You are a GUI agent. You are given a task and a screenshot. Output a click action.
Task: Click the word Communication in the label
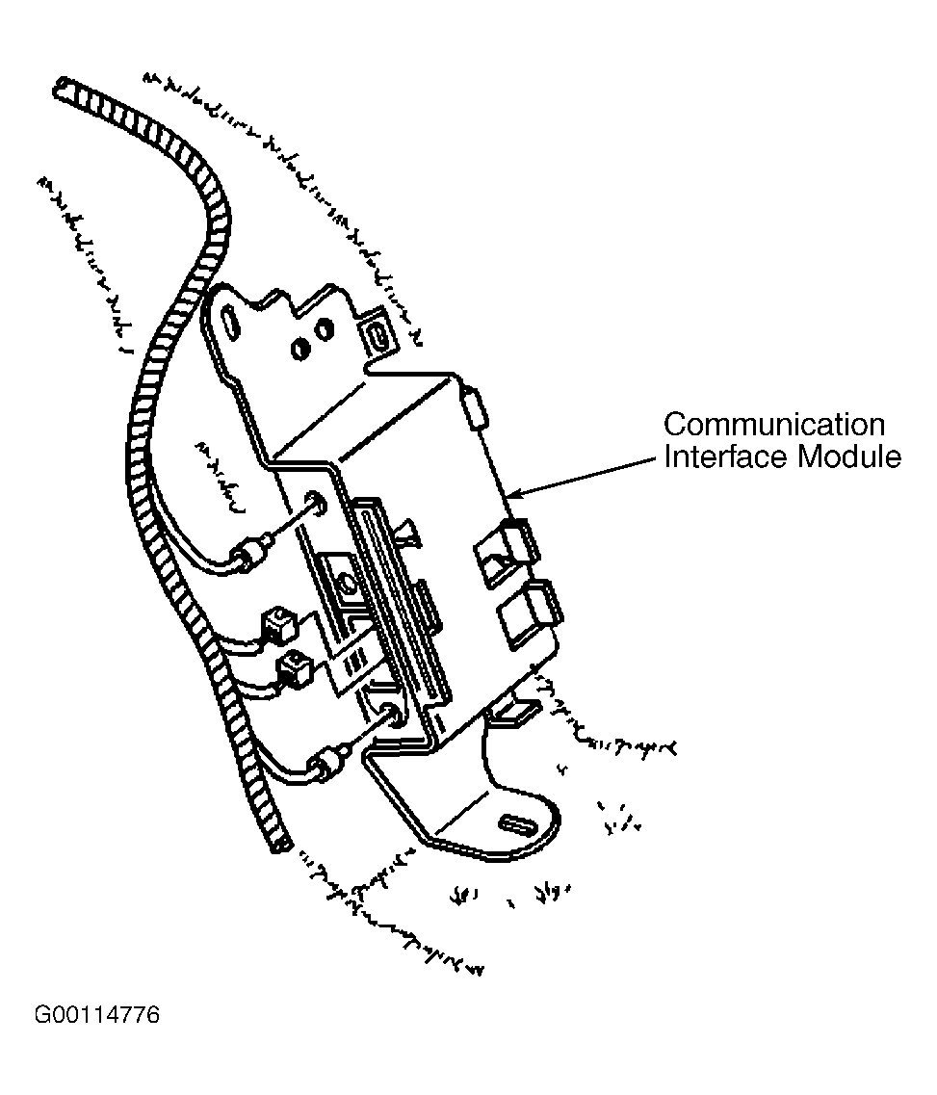click(773, 425)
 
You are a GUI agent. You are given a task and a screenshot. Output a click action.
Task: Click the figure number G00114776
click(97, 1016)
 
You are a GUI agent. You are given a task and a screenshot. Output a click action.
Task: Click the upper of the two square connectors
click(277, 623)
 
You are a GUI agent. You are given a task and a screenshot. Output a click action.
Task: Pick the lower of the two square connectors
click(293, 666)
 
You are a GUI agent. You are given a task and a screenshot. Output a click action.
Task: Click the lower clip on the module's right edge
click(526, 608)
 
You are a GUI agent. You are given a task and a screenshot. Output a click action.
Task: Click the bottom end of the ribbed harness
click(280, 845)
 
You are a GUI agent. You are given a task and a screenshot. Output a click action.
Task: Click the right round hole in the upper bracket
click(325, 331)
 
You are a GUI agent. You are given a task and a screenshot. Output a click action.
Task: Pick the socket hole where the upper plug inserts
click(315, 502)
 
